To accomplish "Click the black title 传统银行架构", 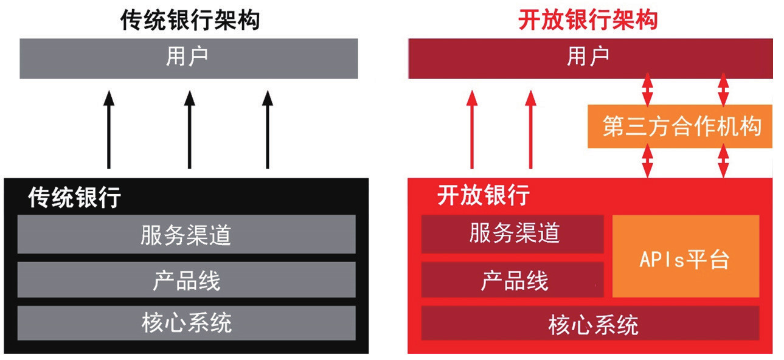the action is coord(190,20).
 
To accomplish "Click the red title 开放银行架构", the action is coord(588,20).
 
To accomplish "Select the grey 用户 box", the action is coord(189,58).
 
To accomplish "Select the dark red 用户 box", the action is coord(591,58).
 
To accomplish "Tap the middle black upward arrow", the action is coord(190,130).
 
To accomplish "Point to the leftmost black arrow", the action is coord(109,130).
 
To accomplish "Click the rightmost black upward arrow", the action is coord(268,130).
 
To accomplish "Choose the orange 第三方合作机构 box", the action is coord(680,126).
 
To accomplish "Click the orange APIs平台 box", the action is coord(685,257).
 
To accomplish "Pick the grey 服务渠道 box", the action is coord(187,234).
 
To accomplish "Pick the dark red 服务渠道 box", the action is coord(513,234).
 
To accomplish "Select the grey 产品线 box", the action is coord(187,280).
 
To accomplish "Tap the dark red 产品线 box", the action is coord(513,280).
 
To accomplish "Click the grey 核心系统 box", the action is coord(187,323).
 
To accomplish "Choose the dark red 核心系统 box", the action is coord(591,323).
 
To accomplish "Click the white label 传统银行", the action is coord(75,197).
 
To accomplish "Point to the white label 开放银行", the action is coord(484,195).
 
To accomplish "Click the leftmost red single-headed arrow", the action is coord(472,130).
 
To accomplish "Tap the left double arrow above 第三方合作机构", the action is coord(648,90).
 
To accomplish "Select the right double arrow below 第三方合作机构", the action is coord(723,161).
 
